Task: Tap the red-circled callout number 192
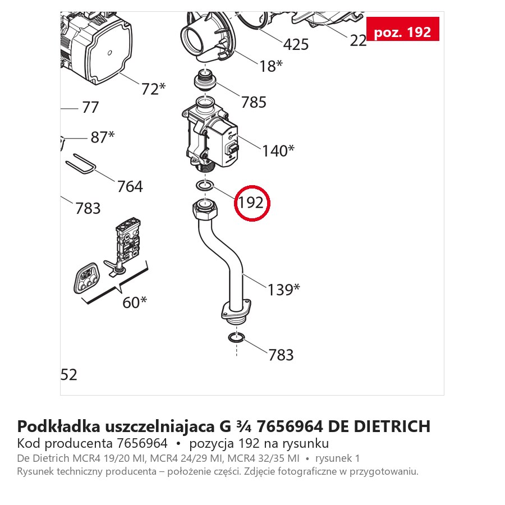(251, 203)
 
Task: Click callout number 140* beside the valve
(278, 151)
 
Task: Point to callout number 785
(254, 103)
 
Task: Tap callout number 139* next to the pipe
(284, 290)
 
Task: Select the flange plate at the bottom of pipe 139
(236, 310)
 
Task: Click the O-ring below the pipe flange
(236, 338)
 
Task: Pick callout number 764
(130, 186)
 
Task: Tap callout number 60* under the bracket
(135, 302)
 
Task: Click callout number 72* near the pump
(153, 89)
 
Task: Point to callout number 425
(296, 44)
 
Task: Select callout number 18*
(271, 66)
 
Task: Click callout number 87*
(103, 137)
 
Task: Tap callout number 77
(90, 107)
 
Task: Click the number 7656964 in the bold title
(290, 426)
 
